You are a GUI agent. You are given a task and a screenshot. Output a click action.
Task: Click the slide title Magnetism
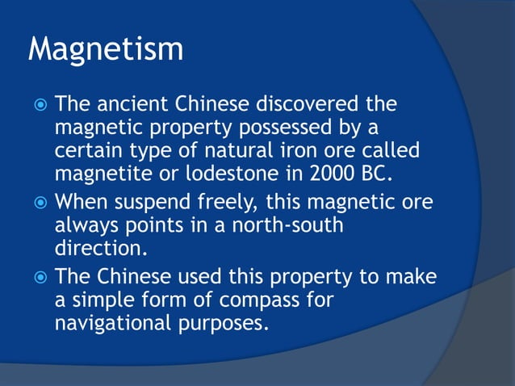pyautogui.click(x=106, y=49)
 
